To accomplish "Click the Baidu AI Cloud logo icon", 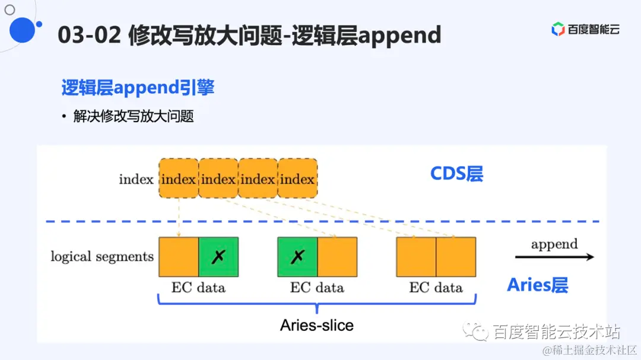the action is [558, 29].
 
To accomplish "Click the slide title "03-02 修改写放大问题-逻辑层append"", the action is [249, 36].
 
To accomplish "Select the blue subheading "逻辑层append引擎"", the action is [138, 88].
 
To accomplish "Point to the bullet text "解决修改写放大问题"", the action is [134, 116].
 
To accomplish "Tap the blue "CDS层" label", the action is [456, 174].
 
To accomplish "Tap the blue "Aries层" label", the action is [537, 285].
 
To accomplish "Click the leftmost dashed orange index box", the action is [178, 179].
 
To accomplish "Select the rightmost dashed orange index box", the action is [297, 179].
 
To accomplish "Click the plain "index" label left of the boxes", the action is [136, 179].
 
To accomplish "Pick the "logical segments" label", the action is [102, 257].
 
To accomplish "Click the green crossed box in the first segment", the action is [218, 257].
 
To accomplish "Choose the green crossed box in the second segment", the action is [297, 257].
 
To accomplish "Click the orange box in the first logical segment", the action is [179, 257].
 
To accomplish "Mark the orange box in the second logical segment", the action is [337, 257].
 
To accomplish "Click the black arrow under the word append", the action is [554, 257].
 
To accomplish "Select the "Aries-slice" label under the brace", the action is [317, 326].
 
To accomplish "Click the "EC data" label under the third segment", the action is [436, 288].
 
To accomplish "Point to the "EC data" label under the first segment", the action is [198, 288].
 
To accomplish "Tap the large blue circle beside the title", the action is [23, 30].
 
